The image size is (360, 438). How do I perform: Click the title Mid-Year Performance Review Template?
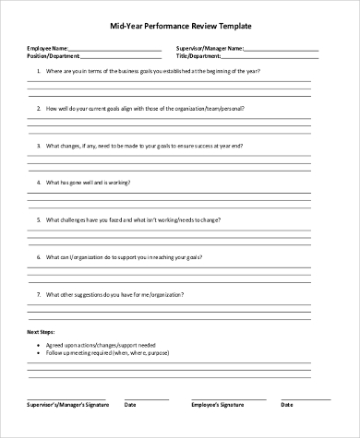tap(180, 28)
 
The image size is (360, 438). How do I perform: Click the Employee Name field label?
tap(47, 47)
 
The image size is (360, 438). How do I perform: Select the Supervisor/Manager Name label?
tap(210, 47)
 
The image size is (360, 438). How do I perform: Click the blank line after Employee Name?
tap(114, 49)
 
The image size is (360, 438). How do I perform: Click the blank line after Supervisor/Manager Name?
tap(282, 49)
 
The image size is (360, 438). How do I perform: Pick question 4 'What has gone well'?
tap(97, 183)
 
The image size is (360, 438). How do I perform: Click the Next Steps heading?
tap(42, 331)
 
